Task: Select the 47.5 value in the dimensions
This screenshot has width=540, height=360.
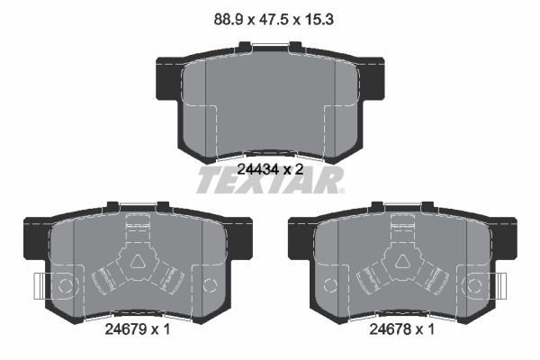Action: (x=272, y=20)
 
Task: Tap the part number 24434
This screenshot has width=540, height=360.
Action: (x=257, y=169)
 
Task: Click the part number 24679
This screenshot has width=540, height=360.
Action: (x=125, y=329)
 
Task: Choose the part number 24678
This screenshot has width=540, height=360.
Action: (x=390, y=329)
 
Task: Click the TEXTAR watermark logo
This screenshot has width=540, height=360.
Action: (x=270, y=181)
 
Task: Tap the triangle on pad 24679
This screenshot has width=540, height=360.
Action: (x=138, y=262)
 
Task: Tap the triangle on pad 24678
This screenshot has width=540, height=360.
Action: (x=402, y=262)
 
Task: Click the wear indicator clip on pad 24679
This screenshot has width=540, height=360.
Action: (x=40, y=286)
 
